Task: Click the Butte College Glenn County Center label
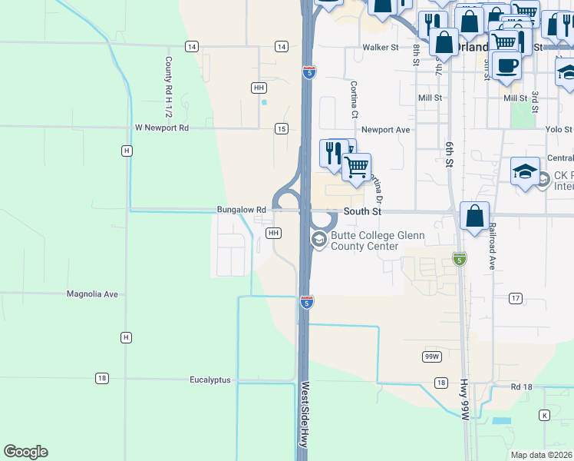365,240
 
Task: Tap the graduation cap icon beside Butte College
318,240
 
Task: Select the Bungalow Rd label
241,209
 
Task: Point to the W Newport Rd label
161,128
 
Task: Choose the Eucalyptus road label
209,380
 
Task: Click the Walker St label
381,47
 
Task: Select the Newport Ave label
385,130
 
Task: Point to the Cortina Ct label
355,100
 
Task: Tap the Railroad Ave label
492,246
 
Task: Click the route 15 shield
282,128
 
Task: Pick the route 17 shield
515,297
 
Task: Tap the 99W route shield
432,357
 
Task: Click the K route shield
544,415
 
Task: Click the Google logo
25,452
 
